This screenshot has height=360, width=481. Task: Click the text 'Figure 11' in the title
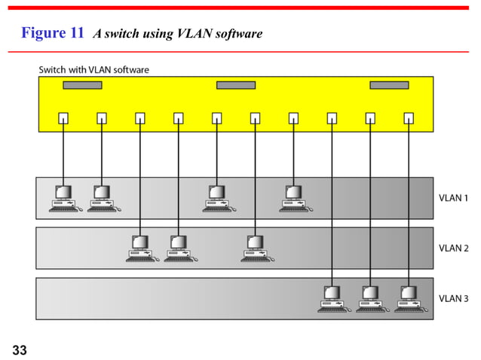(53, 33)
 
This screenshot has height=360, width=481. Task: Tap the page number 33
(20, 349)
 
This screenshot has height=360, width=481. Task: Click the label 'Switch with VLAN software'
(94, 70)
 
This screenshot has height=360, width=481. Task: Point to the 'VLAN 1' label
(455, 197)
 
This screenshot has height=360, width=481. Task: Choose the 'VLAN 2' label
(455, 247)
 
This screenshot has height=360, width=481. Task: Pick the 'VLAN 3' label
(455, 297)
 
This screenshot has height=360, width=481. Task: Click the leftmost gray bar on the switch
(82, 84)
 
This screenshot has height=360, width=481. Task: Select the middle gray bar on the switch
(235, 84)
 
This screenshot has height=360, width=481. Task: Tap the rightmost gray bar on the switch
(389, 84)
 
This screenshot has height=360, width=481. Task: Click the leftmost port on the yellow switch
(63, 117)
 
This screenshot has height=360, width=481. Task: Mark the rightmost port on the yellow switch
(409, 117)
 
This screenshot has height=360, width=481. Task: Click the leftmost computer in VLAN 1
(63, 198)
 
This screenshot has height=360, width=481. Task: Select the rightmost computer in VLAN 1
(293, 198)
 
